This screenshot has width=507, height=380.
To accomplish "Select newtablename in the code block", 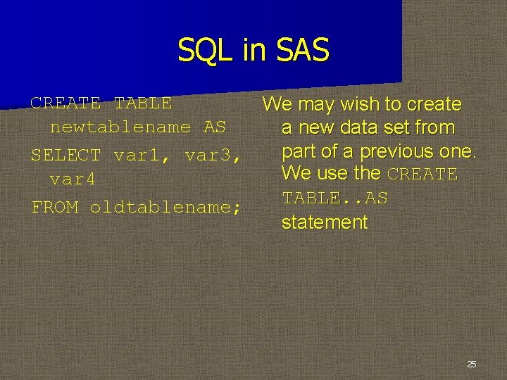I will (120, 127).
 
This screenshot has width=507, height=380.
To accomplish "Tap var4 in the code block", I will (73, 180).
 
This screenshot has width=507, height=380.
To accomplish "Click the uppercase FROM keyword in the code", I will (54, 207).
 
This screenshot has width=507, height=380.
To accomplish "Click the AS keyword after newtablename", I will (214, 127).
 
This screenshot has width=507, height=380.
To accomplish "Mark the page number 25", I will (471, 364).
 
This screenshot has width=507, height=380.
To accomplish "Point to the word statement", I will (324, 223).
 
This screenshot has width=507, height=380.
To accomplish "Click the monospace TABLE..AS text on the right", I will (334, 198).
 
